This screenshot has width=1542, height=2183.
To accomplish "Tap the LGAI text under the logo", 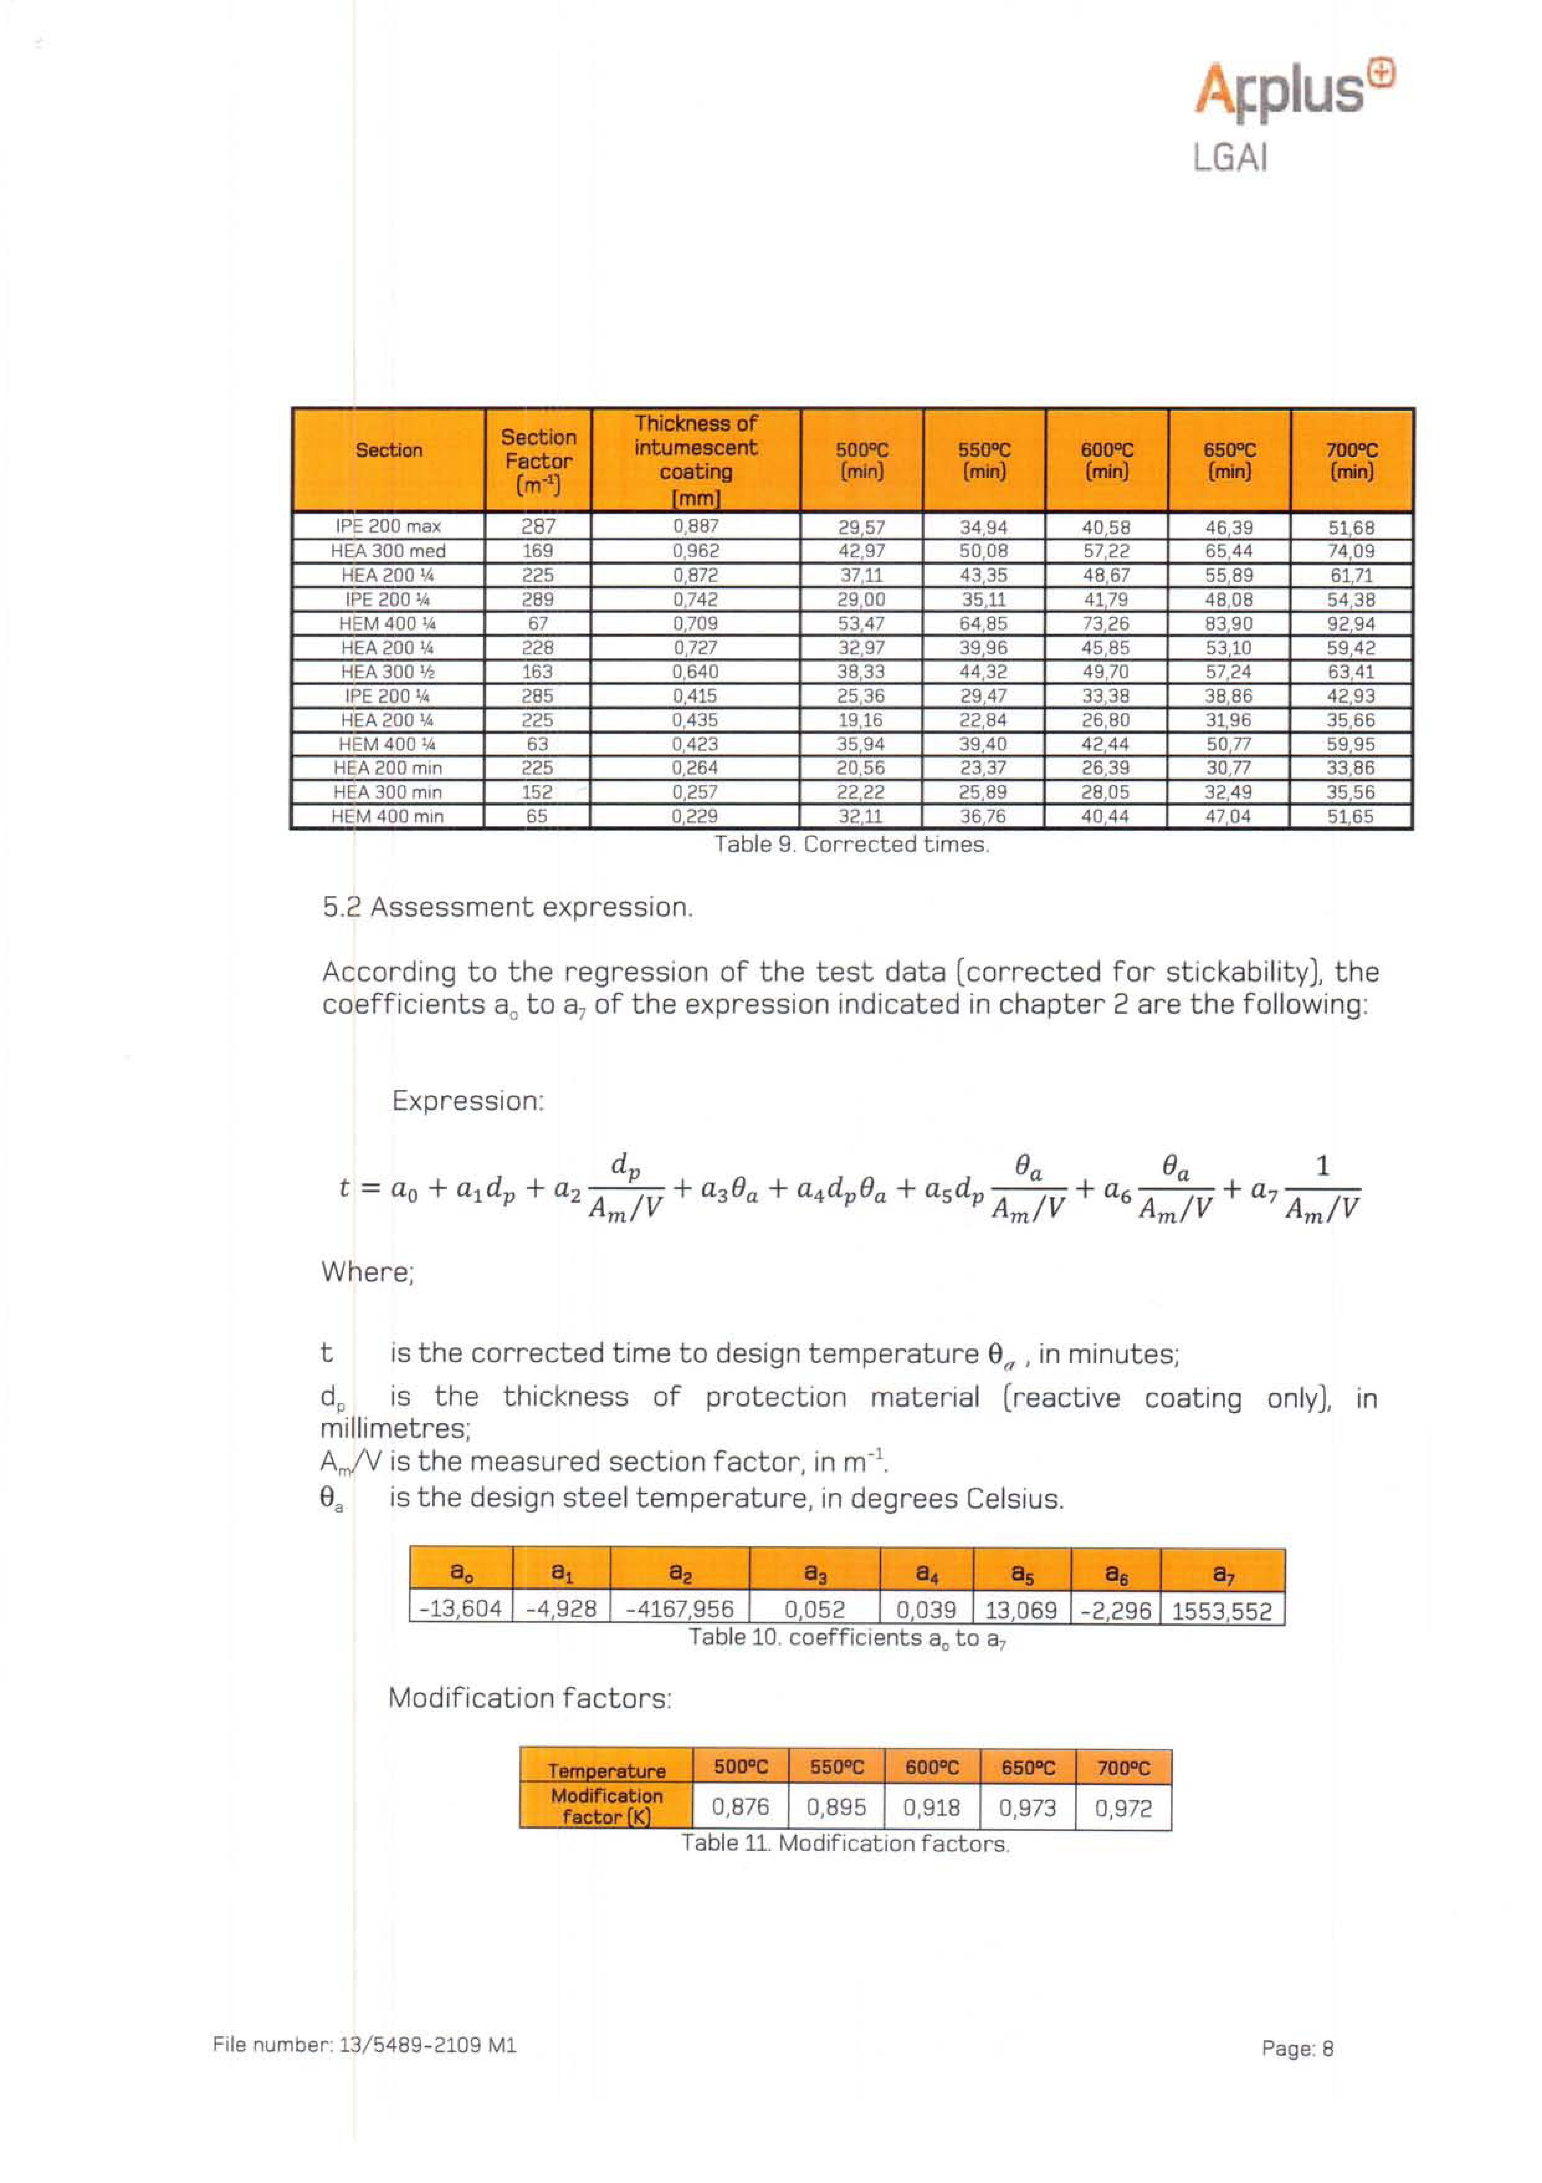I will point(1230,158).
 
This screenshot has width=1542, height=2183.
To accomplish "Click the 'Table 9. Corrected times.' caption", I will point(852,844).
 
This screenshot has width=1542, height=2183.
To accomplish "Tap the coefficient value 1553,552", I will point(1222,1610).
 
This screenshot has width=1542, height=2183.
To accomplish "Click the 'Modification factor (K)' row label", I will point(606,1807).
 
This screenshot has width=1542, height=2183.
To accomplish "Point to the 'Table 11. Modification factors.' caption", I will point(845,1844).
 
